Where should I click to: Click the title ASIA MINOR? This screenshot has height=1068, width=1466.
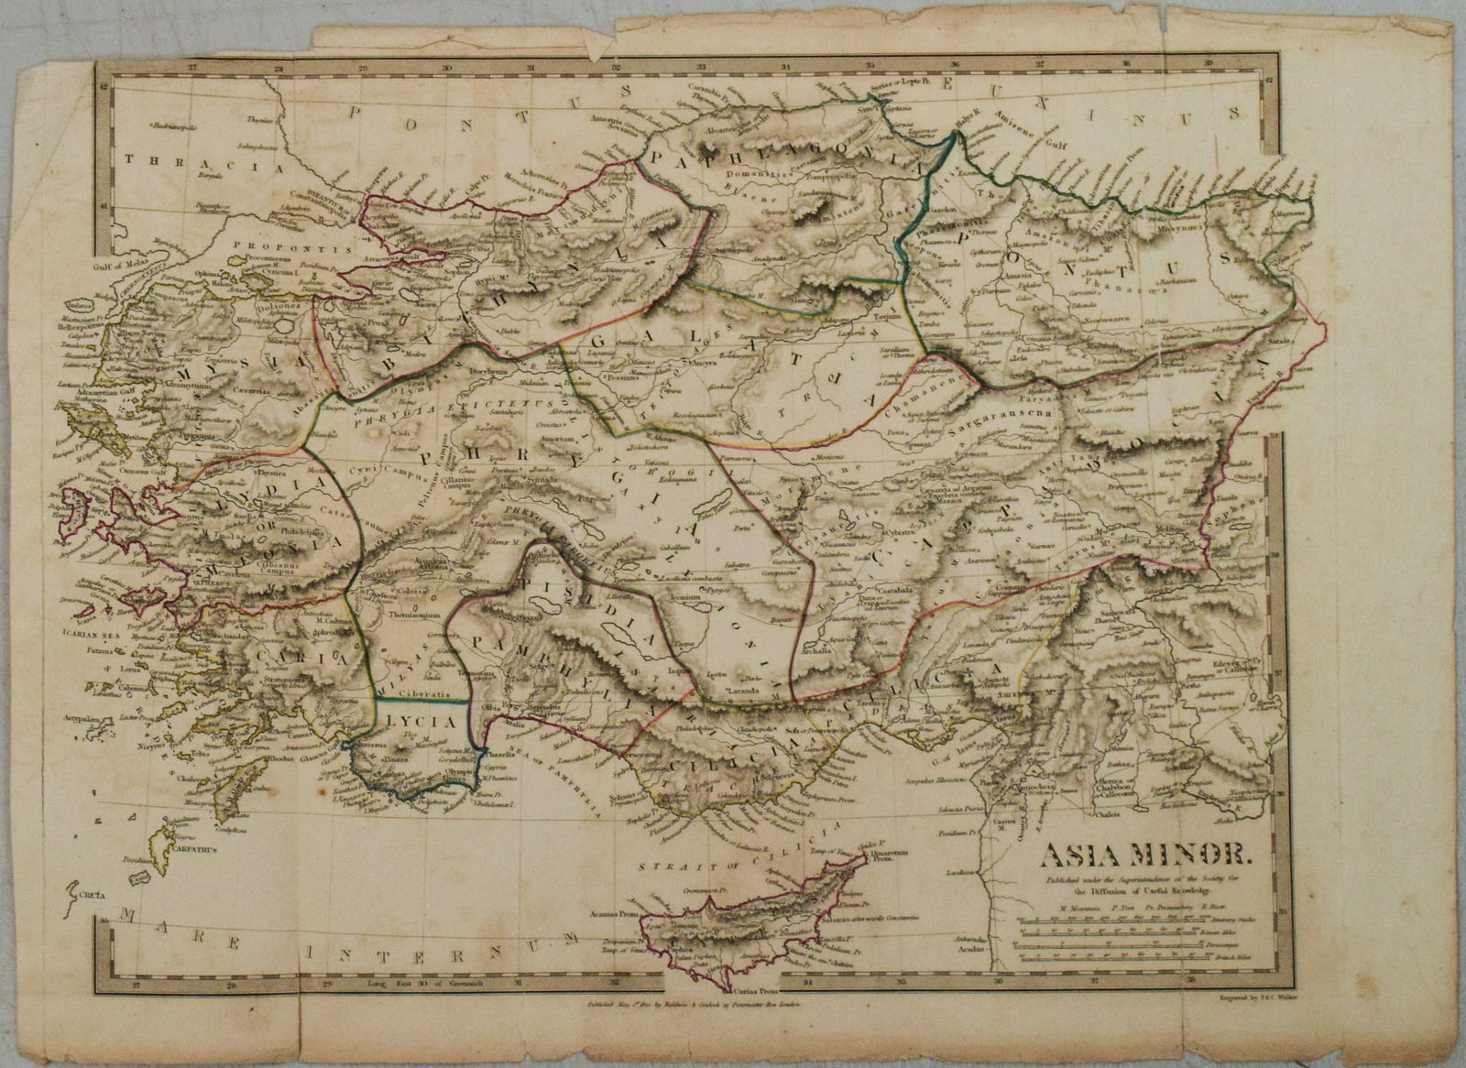coord(1143,858)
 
